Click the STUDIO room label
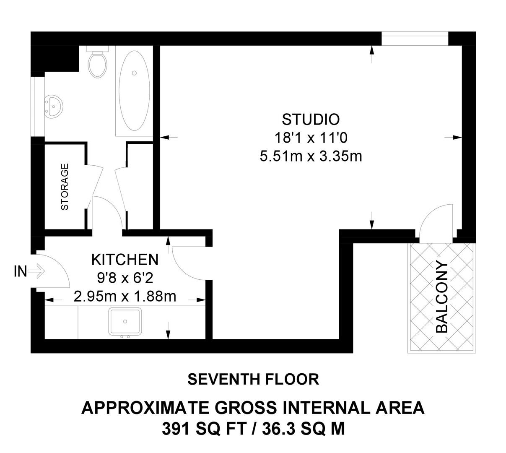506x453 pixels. pyautogui.click(x=310, y=120)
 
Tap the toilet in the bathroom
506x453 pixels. pyautogui.click(x=98, y=64)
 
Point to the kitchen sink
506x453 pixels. pyautogui.click(x=125, y=322)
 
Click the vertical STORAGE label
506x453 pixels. pyautogui.click(x=65, y=187)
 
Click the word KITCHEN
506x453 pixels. pyautogui.click(x=125, y=260)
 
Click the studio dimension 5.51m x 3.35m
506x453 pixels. pyautogui.click(x=310, y=156)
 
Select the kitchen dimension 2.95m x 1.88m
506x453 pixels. pyautogui.click(x=125, y=297)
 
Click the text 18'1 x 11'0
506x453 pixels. pyautogui.click(x=310, y=138)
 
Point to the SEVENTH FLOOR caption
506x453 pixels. pyautogui.click(x=253, y=379)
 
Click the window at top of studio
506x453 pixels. pyautogui.click(x=415, y=40)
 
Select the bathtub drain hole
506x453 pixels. pyautogui.click(x=134, y=73)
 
